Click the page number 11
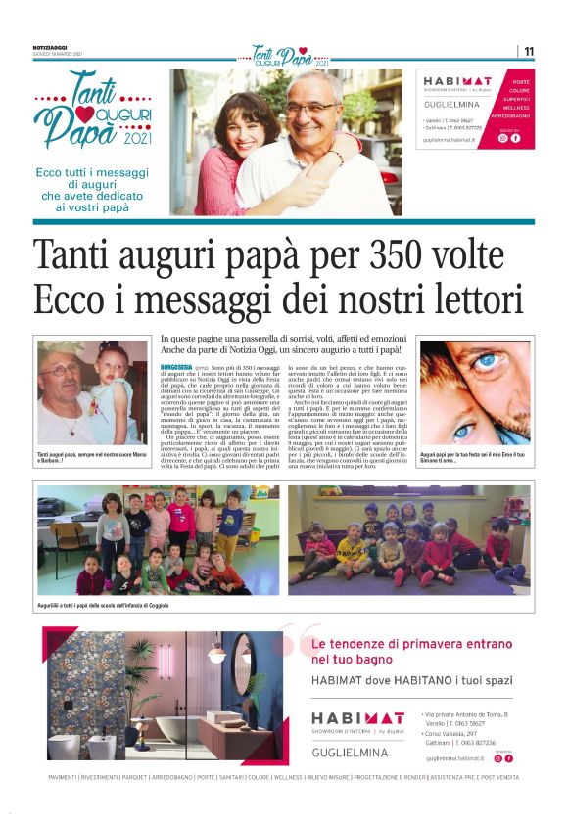(529, 51)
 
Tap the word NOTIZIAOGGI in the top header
(51, 47)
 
